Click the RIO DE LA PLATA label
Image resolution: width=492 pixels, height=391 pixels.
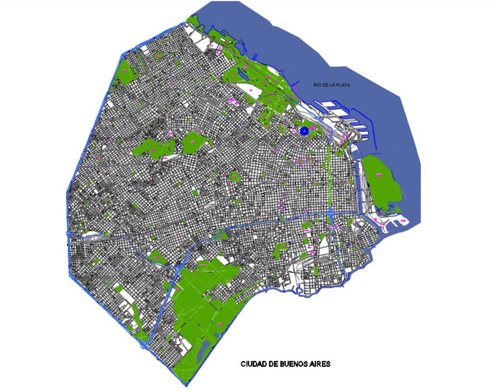pos(333,85)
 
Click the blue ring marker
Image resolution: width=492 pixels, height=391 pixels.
pos(305,131)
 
